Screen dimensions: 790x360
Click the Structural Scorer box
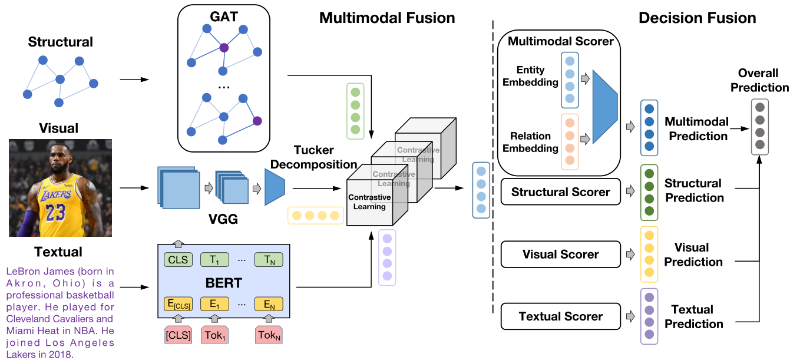[x=560, y=192]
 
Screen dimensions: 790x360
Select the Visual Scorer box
[x=560, y=254]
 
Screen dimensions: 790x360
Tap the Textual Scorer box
[x=560, y=316]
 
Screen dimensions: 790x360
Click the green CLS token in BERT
[x=178, y=260]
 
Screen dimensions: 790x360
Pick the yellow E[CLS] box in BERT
[x=179, y=304]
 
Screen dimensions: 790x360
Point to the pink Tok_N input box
[x=269, y=335]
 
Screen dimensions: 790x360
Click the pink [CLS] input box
[x=179, y=335]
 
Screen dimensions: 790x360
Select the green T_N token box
[x=269, y=260]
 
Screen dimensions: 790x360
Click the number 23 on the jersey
[x=55, y=212]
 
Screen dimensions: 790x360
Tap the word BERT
[x=224, y=283]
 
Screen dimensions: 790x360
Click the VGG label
[x=223, y=219]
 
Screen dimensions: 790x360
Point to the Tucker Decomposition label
[x=313, y=157]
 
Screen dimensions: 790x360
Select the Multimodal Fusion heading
[x=387, y=18]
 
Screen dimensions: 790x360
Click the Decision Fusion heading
[x=698, y=18]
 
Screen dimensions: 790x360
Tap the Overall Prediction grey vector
[x=760, y=127]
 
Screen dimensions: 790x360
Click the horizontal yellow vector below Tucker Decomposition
[x=316, y=216]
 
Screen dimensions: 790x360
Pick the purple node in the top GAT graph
[x=224, y=48]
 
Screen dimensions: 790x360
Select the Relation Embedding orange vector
[x=570, y=142]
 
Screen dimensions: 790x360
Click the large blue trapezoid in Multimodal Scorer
[x=605, y=107]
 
